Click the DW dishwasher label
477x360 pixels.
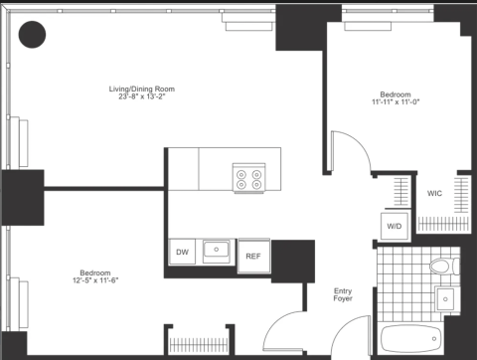182,252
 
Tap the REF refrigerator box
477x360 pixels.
253,256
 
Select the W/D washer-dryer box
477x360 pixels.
395,226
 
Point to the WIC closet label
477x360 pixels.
434,193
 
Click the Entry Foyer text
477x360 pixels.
343,294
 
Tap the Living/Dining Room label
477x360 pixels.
142,89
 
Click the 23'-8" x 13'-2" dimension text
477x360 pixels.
142,96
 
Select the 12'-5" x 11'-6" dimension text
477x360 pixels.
95,280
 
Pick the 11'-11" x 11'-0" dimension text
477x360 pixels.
396,101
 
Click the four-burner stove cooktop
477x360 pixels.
249,178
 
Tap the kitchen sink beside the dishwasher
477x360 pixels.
216,250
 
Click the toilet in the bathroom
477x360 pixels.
444,266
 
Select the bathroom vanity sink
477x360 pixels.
445,299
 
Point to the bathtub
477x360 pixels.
410,339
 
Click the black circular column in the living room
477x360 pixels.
32,35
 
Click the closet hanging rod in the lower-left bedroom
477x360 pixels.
199,345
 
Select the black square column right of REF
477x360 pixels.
293,262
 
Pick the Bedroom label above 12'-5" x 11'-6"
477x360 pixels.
95,272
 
